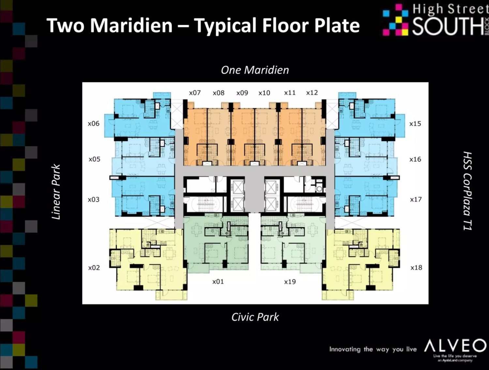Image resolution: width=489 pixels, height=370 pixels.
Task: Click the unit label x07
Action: (195, 93)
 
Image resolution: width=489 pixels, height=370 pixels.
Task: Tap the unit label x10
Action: (264, 93)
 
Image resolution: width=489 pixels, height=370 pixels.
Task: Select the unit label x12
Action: (312, 92)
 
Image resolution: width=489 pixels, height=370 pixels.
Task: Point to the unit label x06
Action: (94, 123)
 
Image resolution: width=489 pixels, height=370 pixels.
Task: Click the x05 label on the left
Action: (95, 159)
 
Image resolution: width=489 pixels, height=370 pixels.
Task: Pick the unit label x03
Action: (94, 200)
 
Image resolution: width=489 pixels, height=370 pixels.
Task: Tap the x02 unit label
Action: (94, 268)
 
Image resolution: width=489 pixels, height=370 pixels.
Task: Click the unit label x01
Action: (218, 282)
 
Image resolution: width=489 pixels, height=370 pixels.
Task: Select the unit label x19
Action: (290, 282)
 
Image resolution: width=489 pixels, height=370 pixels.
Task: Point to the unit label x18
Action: (416, 267)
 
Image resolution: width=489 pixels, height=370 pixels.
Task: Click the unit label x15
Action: (415, 123)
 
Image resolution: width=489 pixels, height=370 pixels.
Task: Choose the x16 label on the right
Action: (415, 159)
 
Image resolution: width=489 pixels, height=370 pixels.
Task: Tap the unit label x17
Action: (416, 199)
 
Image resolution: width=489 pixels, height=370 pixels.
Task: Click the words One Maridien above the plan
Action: (255, 70)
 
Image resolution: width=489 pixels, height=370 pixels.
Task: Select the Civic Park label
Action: (255, 317)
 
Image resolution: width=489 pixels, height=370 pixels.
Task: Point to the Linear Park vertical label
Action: (56, 192)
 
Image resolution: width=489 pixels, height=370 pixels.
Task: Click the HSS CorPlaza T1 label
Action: (467, 191)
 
